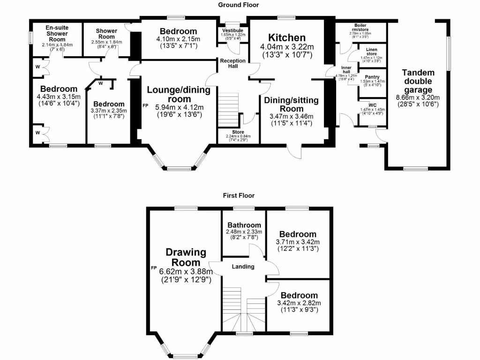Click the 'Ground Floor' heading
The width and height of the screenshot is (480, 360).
(x=238, y=5)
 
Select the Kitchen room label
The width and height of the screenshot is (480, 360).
(x=286, y=37)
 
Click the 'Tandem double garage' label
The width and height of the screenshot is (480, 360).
(x=418, y=81)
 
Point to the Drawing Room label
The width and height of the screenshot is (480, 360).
(x=186, y=257)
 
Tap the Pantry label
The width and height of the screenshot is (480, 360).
(x=372, y=77)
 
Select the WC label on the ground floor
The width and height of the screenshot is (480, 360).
(x=372, y=105)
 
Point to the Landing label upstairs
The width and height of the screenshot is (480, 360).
(x=243, y=267)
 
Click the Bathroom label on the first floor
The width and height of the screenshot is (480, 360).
(x=244, y=225)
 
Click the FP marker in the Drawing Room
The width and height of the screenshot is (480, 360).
(x=153, y=268)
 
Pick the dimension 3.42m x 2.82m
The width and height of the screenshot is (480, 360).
(x=299, y=303)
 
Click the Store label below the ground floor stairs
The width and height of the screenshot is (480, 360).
(x=238, y=132)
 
